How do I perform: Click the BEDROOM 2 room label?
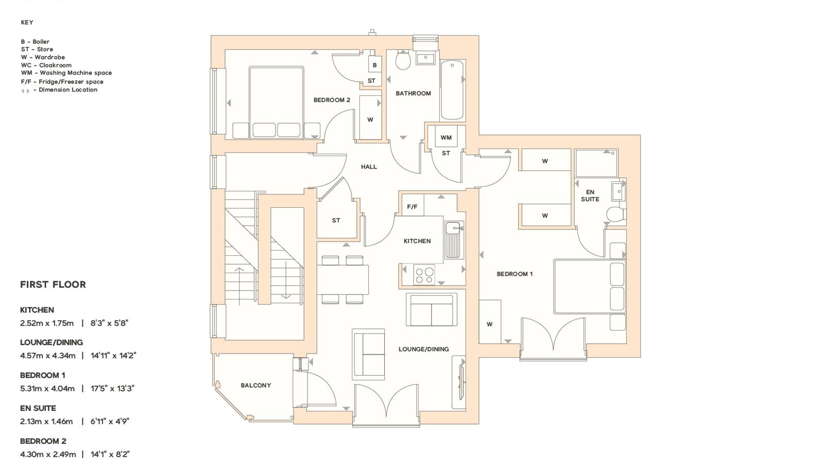[x=332, y=100]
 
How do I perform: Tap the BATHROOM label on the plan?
[x=413, y=93]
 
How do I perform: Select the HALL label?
[x=369, y=167]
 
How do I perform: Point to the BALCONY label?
[x=255, y=386]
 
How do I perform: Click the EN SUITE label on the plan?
[x=590, y=195]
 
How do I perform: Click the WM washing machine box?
[x=446, y=137]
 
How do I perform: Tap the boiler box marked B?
[x=374, y=65]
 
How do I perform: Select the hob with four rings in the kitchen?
[x=424, y=275]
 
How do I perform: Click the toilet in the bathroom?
[x=403, y=60]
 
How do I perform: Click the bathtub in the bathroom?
[x=452, y=90]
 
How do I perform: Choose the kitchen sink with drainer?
[x=454, y=240]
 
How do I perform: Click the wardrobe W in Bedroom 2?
[x=370, y=118]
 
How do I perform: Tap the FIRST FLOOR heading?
[x=53, y=285]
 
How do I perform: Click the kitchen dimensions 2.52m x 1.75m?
[x=47, y=323]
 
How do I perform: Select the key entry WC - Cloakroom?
[x=46, y=65]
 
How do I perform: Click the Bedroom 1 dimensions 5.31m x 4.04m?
[x=47, y=389]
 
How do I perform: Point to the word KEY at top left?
[x=27, y=23]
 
